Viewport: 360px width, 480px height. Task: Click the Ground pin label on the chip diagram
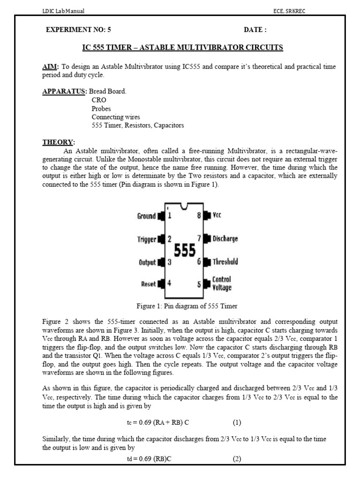click(146, 216)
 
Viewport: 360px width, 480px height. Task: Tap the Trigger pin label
click(146, 240)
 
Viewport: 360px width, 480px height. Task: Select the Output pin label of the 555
click(147, 262)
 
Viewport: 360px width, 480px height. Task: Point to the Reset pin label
click(149, 284)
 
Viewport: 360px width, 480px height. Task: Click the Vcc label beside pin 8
click(217, 216)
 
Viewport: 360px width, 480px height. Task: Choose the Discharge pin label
click(225, 239)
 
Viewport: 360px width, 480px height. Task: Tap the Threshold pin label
click(225, 262)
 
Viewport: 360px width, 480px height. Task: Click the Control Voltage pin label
click(222, 284)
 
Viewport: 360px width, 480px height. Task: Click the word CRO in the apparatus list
click(99, 100)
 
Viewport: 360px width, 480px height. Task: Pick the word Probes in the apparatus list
click(101, 108)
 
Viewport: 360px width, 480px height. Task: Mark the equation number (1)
click(237, 422)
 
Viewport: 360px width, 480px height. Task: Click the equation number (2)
click(237, 459)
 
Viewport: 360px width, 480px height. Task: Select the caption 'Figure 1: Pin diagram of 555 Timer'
click(187, 306)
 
